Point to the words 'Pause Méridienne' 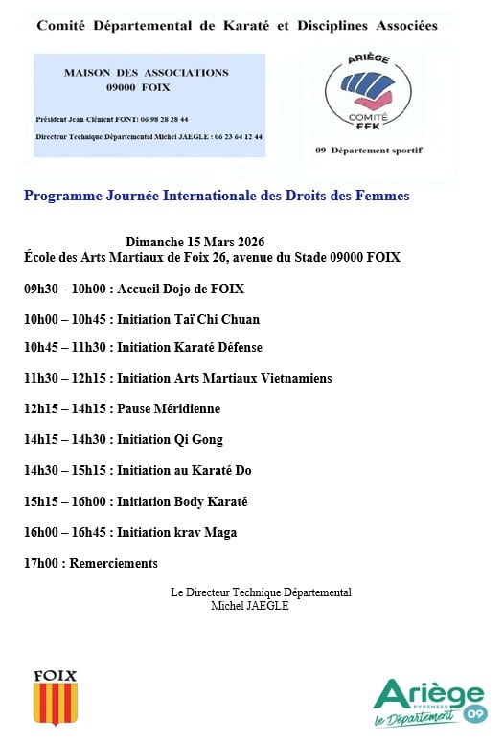169,408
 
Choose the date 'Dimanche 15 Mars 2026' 195,242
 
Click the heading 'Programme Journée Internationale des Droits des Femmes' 217,196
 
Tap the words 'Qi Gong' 196,439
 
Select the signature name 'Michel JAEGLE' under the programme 249,605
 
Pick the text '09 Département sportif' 369,151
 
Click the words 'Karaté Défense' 216,347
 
